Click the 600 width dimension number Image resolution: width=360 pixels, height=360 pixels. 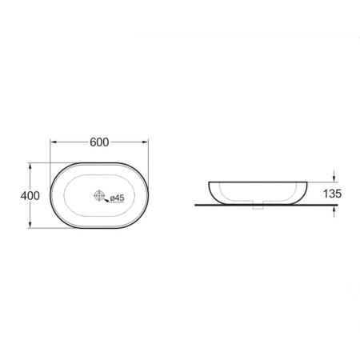pos(99,142)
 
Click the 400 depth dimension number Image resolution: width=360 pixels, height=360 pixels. pos(30,196)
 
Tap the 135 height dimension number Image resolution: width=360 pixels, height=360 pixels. pos(332,194)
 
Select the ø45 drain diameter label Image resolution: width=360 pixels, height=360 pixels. pos(117,198)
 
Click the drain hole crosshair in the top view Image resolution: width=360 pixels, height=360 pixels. pos(99,195)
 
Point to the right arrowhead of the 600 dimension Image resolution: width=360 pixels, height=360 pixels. pos(145,142)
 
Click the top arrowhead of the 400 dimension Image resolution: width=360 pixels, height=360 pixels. pos(30,166)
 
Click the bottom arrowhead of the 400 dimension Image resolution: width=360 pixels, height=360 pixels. pos(30,225)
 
